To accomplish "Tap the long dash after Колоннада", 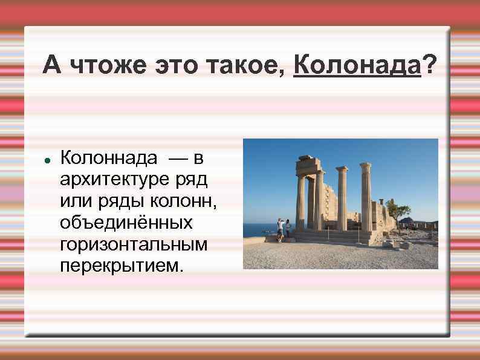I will (178, 159).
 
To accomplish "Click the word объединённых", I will (126, 223).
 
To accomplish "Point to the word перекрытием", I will (120, 266).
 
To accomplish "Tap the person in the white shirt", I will (281, 229).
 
